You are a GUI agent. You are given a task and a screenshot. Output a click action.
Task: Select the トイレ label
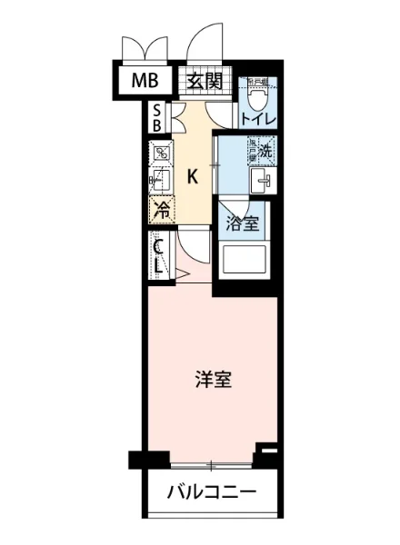coord(259,117)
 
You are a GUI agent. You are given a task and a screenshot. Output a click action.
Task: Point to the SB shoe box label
coord(157,117)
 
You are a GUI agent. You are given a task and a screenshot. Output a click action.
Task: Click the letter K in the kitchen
coord(193,177)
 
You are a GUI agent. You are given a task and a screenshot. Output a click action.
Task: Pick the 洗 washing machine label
coord(265,151)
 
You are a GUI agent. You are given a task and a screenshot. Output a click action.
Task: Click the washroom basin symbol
coord(264,180)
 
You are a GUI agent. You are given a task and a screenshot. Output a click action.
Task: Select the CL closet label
coord(159,257)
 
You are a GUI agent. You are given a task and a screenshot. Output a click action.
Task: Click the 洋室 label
coord(213,380)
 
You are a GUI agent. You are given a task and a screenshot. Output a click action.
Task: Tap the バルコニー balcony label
coord(211,495)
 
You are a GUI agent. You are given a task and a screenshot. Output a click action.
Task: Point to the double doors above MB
coord(145,47)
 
